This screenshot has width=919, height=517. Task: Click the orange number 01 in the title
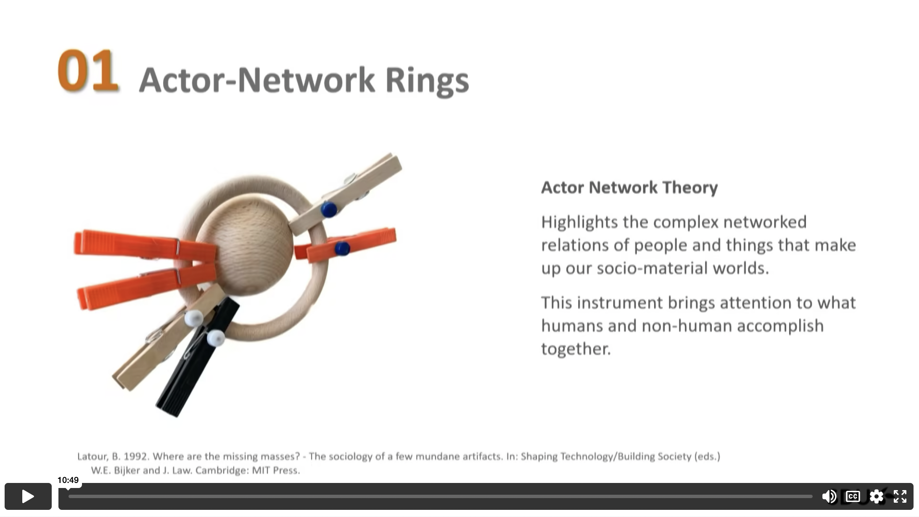pos(88,70)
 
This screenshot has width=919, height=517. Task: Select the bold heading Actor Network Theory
pos(629,187)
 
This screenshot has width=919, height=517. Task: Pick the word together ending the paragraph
pos(576,349)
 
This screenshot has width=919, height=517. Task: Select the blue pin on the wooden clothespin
pos(329,209)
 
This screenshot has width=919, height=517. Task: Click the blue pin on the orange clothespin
pos(342,249)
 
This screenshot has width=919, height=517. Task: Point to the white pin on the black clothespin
pos(216,338)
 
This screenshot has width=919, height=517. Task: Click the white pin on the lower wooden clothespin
pos(193,319)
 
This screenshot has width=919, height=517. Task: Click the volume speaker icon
pos(829,496)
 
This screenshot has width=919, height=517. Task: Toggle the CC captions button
pos(853,496)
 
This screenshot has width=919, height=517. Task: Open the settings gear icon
pos(877,496)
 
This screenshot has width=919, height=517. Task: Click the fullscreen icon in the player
pos(900,496)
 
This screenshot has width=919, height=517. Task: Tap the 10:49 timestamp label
pos(68,480)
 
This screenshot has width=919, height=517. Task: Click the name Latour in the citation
pos(92,456)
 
